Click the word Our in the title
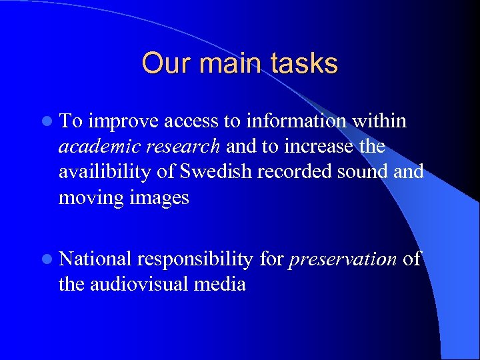click(x=162, y=64)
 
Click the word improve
click(x=123, y=121)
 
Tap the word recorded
click(x=291, y=172)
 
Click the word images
click(x=157, y=198)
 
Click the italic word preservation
click(x=343, y=259)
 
